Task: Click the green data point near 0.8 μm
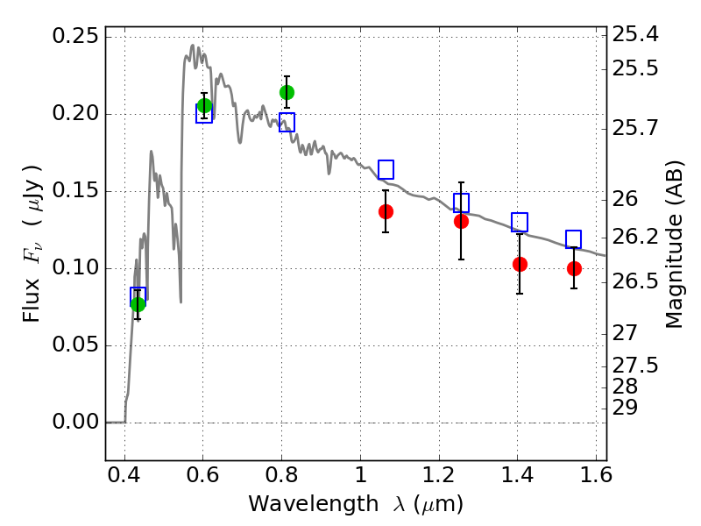pyautogui.click(x=287, y=93)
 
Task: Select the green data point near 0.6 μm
pyautogui.click(x=204, y=106)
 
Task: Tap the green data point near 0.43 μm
pyautogui.click(x=138, y=304)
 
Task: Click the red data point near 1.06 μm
pyautogui.click(x=386, y=211)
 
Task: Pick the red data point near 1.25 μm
pyautogui.click(x=462, y=221)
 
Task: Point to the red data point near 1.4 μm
pyautogui.click(x=520, y=264)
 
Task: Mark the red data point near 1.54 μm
pyautogui.click(x=574, y=268)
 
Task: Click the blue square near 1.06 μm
pyautogui.click(x=386, y=169)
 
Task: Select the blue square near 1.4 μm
pyautogui.click(x=520, y=223)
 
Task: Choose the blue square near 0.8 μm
pyautogui.click(x=287, y=122)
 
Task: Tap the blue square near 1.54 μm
pyautogui.click(x=574, y=239)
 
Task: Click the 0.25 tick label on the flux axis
pyautogui.click(x=75, y=36)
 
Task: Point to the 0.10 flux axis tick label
pyautogui.click(x=75, y=267)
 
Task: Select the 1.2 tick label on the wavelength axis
pyautogui.click(x=439, y=474)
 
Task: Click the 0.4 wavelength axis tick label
pyautogui.click(x=124, y=474)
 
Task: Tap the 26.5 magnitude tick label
pyautogui.click(x=635, y=281)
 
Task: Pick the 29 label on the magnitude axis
pyautogui.click(x=625, y=408)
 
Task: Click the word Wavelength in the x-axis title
pyautogui.click(x=314, y=504)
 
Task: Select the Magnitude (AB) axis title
pyautogui.click(x=675, y=245)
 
